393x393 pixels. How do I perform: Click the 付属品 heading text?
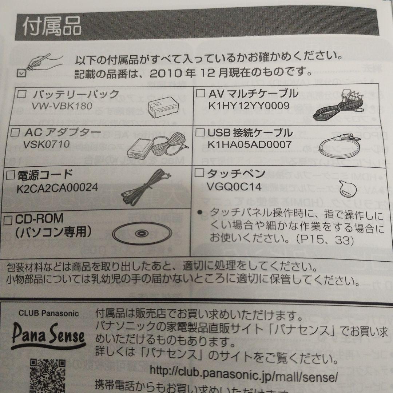click(x=52, y=27)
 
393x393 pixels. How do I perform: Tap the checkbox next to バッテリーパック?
click(x=22, y=94)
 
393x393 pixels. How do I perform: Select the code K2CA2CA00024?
click(x=57, y=188)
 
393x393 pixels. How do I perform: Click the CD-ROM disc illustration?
click(x=140, y=233)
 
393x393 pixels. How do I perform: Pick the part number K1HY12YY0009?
click(x=249, y=106)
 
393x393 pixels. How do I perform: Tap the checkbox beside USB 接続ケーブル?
click(x=200, y=132)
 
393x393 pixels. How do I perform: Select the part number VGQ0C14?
click(x=234, y=187)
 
